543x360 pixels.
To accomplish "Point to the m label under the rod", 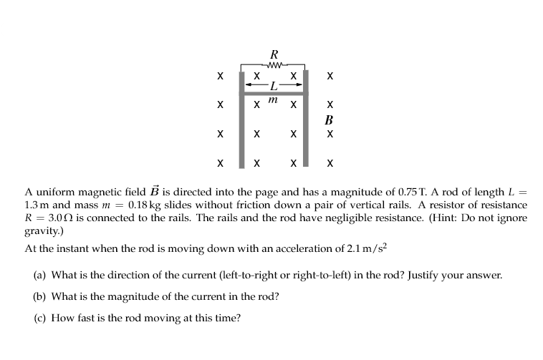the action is (273, 102).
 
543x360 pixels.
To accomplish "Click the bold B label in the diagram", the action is (329, 119).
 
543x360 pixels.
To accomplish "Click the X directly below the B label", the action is (329, 133).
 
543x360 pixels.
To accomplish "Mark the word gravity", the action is (42, 229).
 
